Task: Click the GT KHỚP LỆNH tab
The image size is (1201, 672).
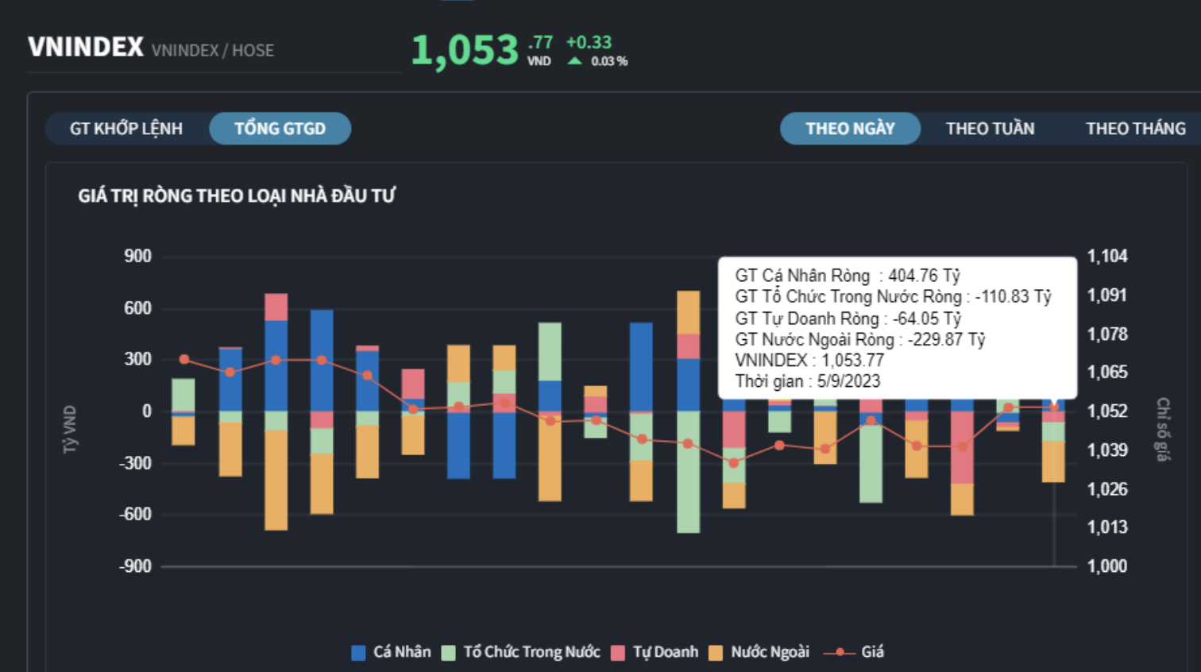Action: (126, 129)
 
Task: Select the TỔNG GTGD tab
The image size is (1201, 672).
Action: (280, 129)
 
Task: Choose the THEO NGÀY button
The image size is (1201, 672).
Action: (850, 129)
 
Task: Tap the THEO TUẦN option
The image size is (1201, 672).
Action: (990, 129)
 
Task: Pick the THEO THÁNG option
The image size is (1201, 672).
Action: (1135, 129)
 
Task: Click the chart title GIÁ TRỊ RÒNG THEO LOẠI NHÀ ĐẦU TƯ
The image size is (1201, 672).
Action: (237, 196)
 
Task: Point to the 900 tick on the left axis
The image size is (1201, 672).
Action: (137, 257)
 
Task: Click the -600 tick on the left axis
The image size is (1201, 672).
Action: (135, 515)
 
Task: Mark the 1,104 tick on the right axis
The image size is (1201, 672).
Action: (1107, 257)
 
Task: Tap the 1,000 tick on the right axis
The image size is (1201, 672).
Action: (1107, 566)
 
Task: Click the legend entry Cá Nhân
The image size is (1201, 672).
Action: (392, 652)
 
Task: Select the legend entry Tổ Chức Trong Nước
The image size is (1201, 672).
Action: (521, 652)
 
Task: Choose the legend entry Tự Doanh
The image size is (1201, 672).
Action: (655, 652)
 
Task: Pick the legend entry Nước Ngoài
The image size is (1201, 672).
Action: (759, 652)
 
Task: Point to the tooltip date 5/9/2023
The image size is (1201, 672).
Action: (848, 381)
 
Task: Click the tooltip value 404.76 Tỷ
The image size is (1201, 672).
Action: (924, 276)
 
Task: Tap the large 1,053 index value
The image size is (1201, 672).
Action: (465, 51)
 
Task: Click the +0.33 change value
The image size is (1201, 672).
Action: (589, 43)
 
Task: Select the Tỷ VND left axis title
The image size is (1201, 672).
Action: (71, 430)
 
